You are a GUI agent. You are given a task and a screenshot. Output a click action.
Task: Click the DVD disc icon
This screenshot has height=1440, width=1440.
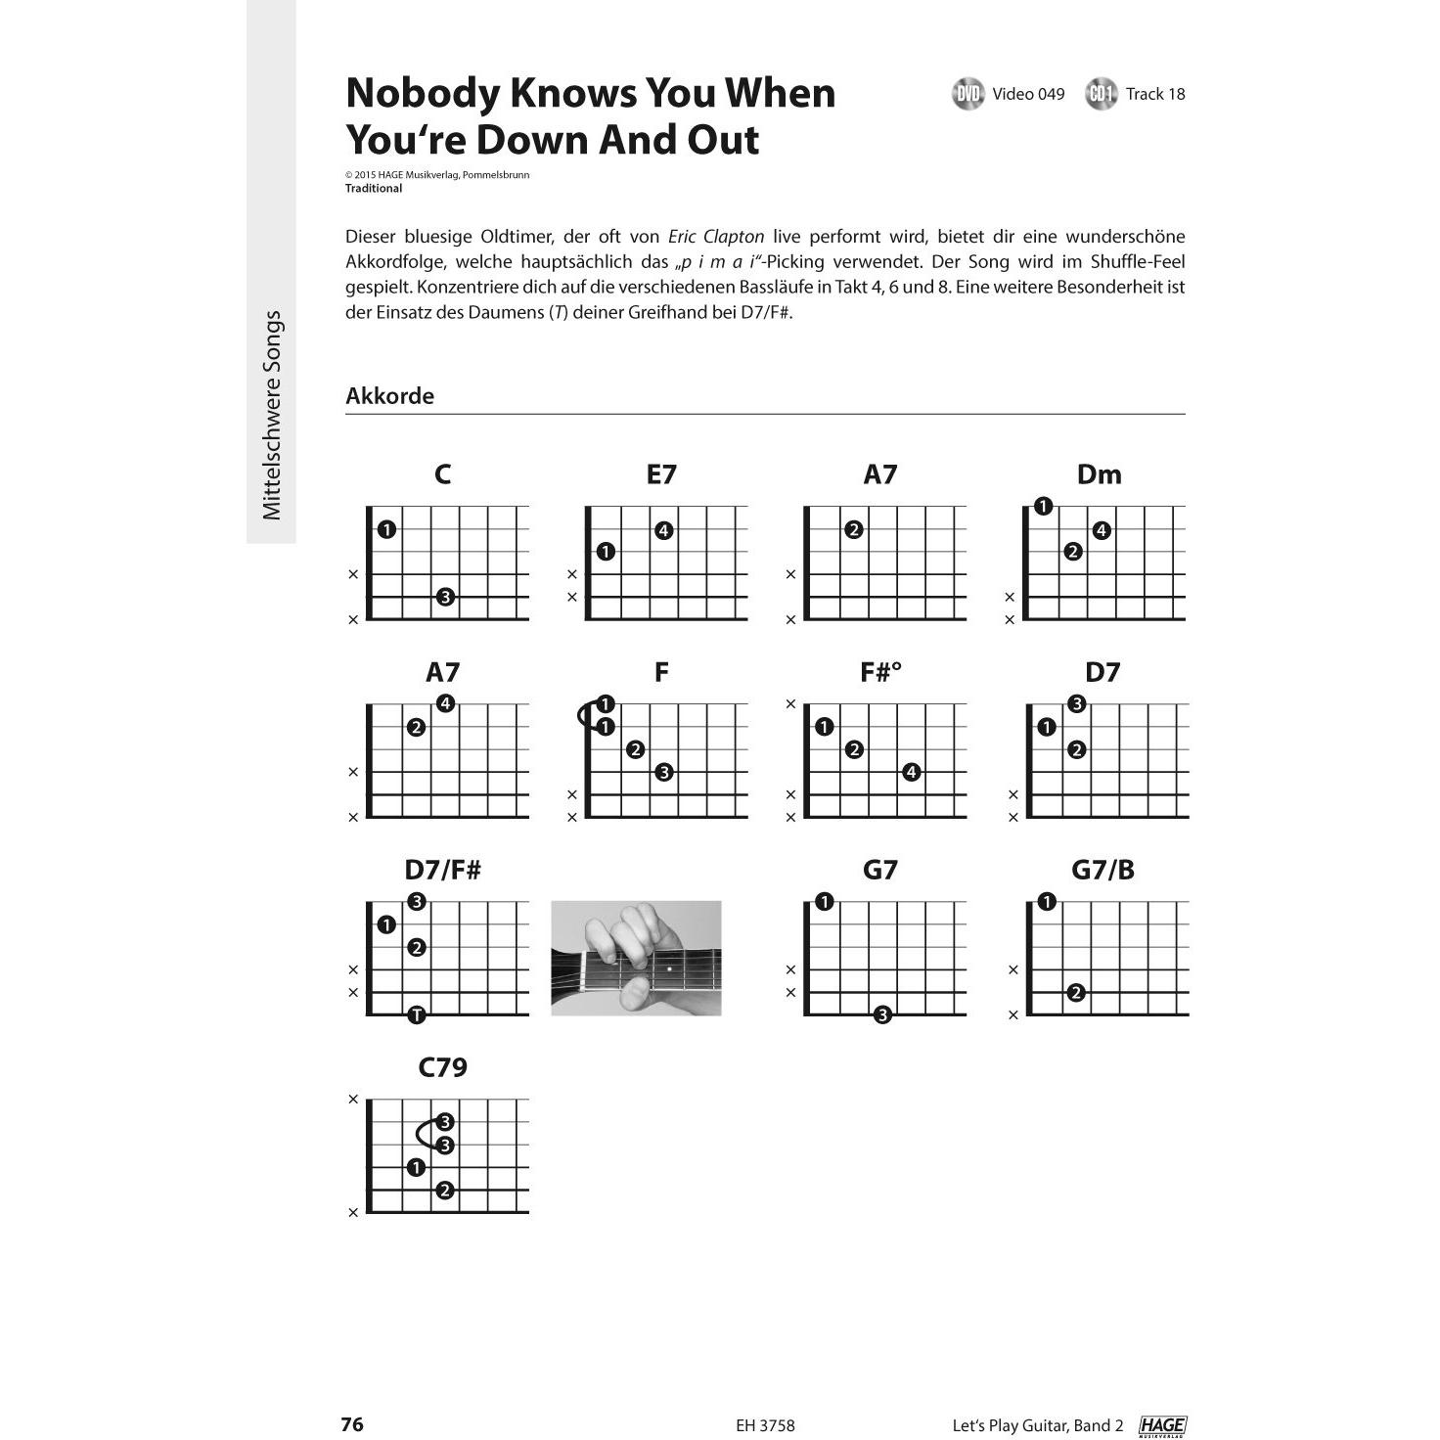967,94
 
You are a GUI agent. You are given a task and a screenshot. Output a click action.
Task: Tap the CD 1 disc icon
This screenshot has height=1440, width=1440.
1101,94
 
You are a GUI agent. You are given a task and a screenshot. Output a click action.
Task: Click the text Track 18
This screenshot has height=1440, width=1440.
1154,94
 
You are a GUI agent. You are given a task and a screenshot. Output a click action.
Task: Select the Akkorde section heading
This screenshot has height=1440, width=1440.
389,396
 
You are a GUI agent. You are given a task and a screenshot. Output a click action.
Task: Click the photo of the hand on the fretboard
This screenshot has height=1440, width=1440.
636,958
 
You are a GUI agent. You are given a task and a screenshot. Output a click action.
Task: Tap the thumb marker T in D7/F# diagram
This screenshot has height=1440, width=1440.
417,1014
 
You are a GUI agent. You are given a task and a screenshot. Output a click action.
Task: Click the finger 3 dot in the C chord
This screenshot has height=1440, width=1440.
445,597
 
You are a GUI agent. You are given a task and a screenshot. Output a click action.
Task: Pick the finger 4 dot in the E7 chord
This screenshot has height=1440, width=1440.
663,531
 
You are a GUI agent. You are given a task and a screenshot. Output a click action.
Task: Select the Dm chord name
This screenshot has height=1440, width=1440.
1099,474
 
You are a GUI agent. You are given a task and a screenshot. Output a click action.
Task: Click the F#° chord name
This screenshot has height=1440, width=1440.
880,672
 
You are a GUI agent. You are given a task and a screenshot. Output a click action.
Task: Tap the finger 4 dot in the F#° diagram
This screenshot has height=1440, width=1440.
911,773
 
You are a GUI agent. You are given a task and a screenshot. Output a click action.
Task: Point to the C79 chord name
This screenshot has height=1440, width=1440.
442,1067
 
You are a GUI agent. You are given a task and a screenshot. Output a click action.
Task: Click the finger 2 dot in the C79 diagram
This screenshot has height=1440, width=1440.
445,1191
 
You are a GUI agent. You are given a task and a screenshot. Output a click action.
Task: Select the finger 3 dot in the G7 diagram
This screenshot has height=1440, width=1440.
882,1014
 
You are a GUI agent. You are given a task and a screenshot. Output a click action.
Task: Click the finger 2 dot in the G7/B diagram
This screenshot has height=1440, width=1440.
1076,993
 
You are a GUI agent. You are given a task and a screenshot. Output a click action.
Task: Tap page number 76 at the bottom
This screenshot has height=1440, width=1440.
352,1424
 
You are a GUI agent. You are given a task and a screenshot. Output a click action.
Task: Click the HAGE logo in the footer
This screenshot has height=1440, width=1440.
1162,1426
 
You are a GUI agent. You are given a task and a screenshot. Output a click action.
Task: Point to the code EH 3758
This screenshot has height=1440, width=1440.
765,1426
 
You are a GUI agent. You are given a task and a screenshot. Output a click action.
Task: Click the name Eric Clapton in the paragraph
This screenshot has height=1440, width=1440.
716,237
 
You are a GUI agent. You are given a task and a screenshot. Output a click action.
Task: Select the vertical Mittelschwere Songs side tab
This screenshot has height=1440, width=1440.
272,416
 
